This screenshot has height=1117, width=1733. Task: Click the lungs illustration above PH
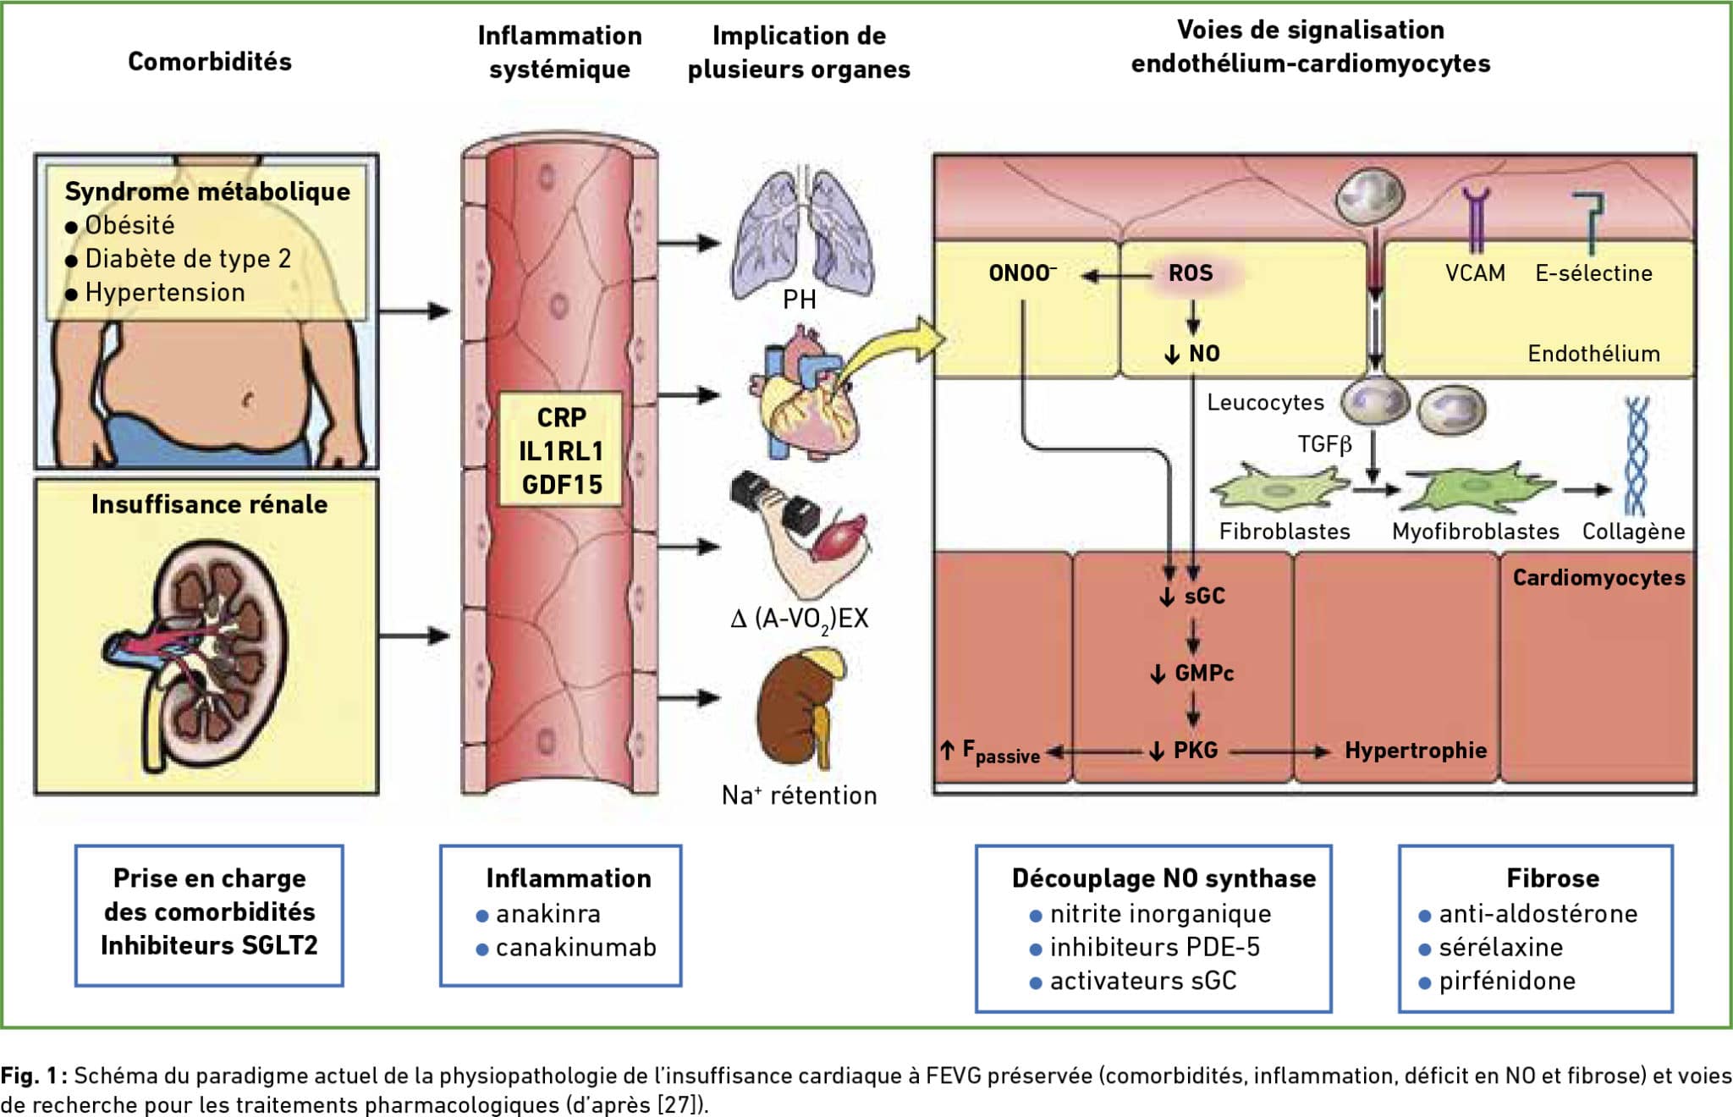(x=802, y=233)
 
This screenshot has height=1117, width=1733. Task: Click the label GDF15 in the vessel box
(x=562, y=485)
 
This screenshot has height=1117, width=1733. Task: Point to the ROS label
(x=1191, y=273)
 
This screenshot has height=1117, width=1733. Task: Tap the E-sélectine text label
(x=1593, y=273)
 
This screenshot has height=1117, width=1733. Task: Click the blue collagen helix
(x=1637, y=457)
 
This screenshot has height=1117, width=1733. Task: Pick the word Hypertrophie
(x=1416, y=751)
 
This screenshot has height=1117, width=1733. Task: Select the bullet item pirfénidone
(x=1497, y=982)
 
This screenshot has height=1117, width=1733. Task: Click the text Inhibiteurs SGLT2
(x=209, y=945)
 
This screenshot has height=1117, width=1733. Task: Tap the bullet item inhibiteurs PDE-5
(x=1144, y=948)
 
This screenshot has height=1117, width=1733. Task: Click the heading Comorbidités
(x=210, y=61)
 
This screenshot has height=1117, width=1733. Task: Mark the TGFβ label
(x=1325, y=444)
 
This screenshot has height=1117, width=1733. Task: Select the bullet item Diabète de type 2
(x=179, y=259)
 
